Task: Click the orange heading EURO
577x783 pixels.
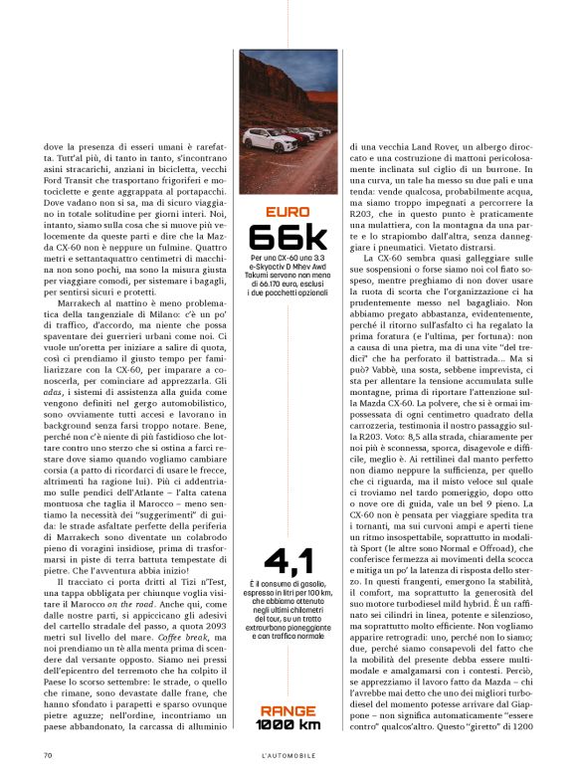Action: (288, 211)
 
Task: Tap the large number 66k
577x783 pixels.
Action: (288, 238)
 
